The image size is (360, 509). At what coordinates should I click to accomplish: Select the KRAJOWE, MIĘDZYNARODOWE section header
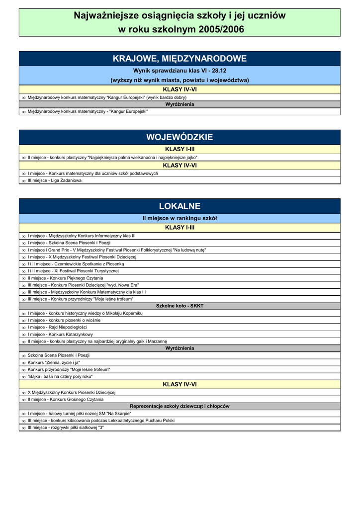click(180, 59)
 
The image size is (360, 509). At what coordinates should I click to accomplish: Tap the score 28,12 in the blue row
click(216, 71)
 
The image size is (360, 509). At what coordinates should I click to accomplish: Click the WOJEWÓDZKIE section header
click(180, 137)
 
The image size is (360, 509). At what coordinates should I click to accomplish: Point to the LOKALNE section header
click(180, 206)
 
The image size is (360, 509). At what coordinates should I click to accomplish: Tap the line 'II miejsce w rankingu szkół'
click(180, 218)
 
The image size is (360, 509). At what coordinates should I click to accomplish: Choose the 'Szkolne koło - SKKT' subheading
click(180, 306)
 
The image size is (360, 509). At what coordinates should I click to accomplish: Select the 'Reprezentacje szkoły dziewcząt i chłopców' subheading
click(180, 406)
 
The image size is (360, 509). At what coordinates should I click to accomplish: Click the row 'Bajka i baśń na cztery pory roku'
click(60, 377)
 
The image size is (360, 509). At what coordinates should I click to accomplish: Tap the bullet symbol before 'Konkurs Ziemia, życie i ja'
click(23, 363)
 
